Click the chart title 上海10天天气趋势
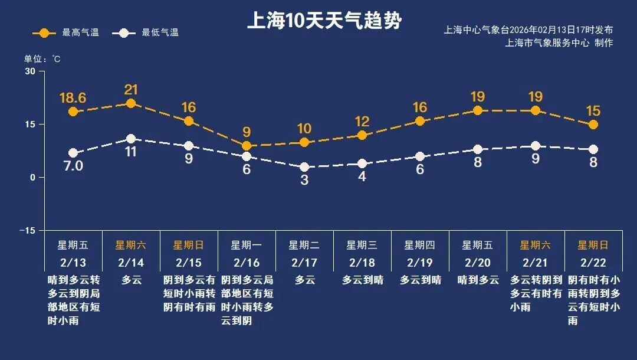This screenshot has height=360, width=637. [x=324, y=21]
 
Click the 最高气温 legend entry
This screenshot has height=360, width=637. [x=65, y=32]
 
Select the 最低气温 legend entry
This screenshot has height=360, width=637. [x=148, y=32]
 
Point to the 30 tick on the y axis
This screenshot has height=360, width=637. [x=30, y=71]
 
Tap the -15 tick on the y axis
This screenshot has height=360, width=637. [x=27, y=230]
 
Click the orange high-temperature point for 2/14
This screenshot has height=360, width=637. [x=131, y=104]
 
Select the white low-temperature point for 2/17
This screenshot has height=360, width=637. [x=304, y=167]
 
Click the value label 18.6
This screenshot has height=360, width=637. [x=73, y=97]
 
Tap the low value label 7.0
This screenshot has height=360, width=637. [x=73, y=166]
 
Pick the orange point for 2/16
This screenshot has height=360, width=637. [x=247, y=146]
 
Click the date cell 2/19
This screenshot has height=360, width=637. [x=420, y=262]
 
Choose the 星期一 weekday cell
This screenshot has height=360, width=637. [x=247, y=245]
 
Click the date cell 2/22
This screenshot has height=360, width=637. [x=593, y=262]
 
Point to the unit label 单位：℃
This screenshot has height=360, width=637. [x=42, y=59]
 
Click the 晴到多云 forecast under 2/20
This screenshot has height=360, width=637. [x=478, y=280]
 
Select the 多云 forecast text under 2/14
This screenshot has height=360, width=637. [x=132, y=280]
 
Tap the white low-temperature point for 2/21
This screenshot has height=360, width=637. [x=536, y=146]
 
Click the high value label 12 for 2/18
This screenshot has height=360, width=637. [x=362, y=122]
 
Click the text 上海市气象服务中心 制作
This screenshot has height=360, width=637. [x=559, y=42]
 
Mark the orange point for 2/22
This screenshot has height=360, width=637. [x=593, y=125]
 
